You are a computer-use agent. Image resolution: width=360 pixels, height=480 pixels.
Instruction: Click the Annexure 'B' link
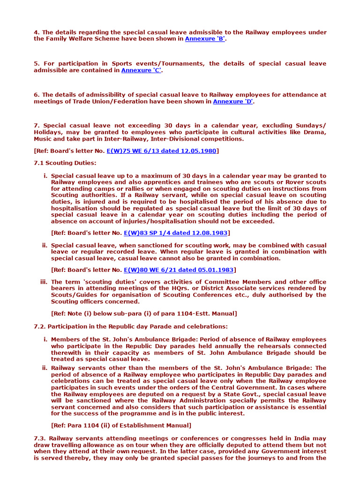205,39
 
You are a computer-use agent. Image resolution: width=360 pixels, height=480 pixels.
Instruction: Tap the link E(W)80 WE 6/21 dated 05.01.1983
179,270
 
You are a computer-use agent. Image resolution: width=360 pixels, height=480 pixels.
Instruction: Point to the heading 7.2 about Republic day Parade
131,326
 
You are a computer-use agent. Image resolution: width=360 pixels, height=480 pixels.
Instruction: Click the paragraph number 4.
36,32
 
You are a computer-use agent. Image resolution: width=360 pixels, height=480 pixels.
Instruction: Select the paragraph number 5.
36,64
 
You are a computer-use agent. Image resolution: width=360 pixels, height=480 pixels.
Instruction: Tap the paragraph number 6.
36,95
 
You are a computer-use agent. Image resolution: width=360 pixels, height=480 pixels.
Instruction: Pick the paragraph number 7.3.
39,438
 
